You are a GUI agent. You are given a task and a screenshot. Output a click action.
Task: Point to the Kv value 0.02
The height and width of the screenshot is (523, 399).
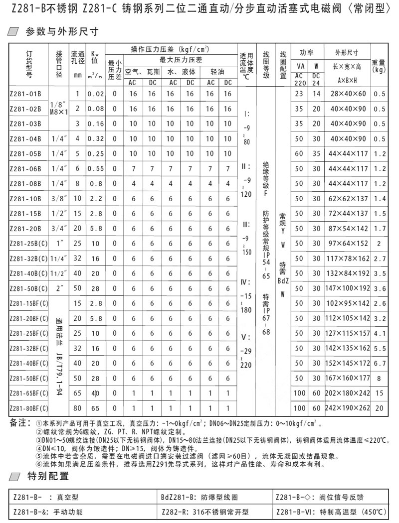point(95,94)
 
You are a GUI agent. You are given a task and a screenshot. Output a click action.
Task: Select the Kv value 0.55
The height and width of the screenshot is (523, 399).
point(95,169)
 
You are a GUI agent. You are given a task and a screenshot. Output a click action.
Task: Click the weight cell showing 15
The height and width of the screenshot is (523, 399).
point(380,393)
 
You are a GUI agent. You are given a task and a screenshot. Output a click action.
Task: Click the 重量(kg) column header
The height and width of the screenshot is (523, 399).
point(380,66)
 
